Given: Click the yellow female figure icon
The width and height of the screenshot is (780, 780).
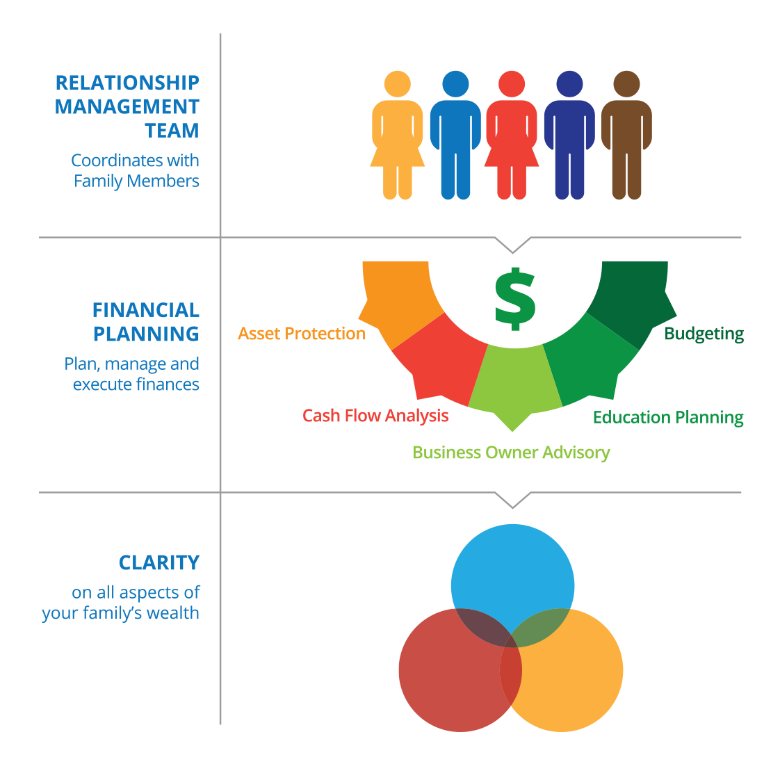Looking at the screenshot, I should click(x=398, y=136).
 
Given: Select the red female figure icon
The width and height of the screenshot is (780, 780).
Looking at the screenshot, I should click(x=512, y=136).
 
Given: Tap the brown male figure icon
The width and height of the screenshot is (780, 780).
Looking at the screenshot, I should click(x=626, y=136).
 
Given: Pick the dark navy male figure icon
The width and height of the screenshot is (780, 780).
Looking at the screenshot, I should click(x=569, y=136).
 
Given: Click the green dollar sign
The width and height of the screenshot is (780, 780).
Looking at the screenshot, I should click(x=514, y=298).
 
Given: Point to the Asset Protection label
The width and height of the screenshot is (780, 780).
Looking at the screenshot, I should click(x=302, y=334).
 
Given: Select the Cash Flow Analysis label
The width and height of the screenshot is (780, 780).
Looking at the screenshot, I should click(x=375, y=416).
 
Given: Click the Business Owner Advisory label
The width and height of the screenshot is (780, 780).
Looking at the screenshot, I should click(x=511, y=453).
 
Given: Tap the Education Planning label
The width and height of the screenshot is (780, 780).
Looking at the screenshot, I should click(x=668, y=417).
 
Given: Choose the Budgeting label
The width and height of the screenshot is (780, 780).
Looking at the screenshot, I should click(x=704, y=334).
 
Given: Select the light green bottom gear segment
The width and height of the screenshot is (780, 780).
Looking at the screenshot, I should click(x=514, y=382).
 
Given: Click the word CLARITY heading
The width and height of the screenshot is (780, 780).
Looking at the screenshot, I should click(x=159, y=562).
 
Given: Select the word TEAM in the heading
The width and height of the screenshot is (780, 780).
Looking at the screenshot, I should click(x=172, y=131).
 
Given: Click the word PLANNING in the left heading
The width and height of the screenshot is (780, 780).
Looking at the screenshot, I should click(x=146, y=334).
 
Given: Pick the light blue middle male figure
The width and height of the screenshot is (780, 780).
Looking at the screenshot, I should click(x=455, y=136).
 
